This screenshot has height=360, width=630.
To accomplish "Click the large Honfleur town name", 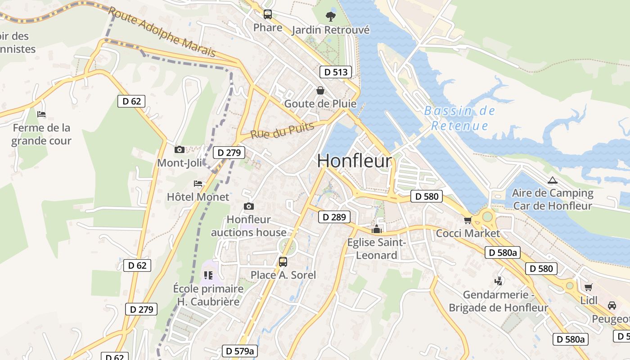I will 355,161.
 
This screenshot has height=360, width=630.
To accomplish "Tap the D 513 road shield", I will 335,72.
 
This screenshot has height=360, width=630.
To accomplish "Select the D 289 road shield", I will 334,217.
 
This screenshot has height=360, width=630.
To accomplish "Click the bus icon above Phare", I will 268,14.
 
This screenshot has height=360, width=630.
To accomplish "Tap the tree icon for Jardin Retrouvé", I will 331,17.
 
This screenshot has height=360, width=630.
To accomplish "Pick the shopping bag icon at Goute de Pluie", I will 320,91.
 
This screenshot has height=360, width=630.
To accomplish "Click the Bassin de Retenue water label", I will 459,118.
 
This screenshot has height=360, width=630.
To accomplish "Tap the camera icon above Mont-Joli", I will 179,150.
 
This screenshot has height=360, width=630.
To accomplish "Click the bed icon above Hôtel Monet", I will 198,184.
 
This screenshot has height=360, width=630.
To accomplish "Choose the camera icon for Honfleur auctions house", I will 248,207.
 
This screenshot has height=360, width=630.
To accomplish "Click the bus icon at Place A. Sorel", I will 283,262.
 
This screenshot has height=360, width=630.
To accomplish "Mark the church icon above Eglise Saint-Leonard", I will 376,229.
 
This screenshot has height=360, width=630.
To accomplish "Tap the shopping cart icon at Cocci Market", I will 468,220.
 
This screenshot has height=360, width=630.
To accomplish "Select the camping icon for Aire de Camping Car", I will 552,180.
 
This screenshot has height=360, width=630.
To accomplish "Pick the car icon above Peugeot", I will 612,306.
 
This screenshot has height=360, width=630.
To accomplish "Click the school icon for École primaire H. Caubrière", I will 208,275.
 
